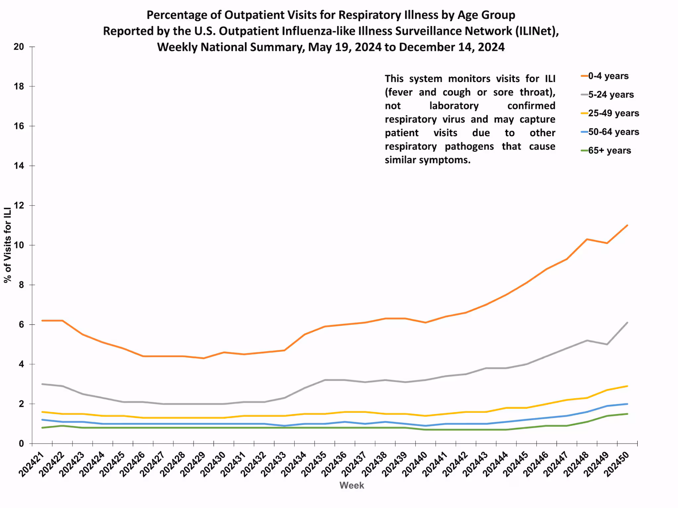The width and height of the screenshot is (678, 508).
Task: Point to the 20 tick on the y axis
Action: click(x=19, y=47)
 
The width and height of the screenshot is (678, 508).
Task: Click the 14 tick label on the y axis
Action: click(x=19, y=166)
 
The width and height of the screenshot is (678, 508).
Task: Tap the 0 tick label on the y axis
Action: click(x=21, y=444)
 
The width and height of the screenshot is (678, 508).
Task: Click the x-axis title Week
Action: click(x=352, y=486)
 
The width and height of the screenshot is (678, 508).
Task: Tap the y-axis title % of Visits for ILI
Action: click(x=8, y=245)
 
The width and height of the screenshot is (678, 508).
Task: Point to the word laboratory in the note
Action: click(x=454, y=106)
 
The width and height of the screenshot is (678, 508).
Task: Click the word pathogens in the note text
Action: click(x=469, y=147)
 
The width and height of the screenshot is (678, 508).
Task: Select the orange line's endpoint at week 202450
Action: click(x=627, y=225)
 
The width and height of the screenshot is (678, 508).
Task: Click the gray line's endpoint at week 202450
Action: click(x=627, y=322)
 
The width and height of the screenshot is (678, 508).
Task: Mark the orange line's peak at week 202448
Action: click(x=587, y=239)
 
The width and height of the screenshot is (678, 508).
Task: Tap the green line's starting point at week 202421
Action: click(x=42, y=428)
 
